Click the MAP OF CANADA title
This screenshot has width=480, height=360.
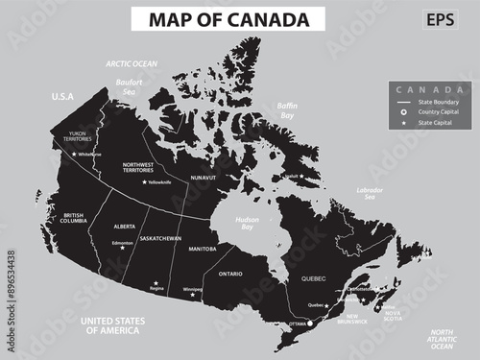(x=229, y=19)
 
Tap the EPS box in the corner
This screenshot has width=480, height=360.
(x=441, y=19)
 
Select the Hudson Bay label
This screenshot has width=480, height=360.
(x=248, y=224)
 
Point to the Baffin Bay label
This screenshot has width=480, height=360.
(x=287, y=110)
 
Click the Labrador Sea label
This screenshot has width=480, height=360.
(x=370, y=195)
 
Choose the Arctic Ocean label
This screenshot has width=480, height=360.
(x=132, y=63)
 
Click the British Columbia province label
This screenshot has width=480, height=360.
(x=72, y=218)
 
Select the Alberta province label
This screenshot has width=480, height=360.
(x=125, y=226)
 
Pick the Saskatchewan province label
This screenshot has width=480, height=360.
(x=159, y=237)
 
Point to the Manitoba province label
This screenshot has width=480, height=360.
(x=202, y=249)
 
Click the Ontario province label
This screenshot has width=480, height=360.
(x=230, y=274)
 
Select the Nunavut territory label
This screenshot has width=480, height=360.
(x=204, y=178)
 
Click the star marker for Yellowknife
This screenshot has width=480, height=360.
(x=145, y=182)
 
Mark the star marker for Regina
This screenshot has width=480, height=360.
(x=156, y=283)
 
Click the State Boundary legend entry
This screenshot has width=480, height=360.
(x=432, y=102)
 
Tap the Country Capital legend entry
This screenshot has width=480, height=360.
(x=432, y=112)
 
